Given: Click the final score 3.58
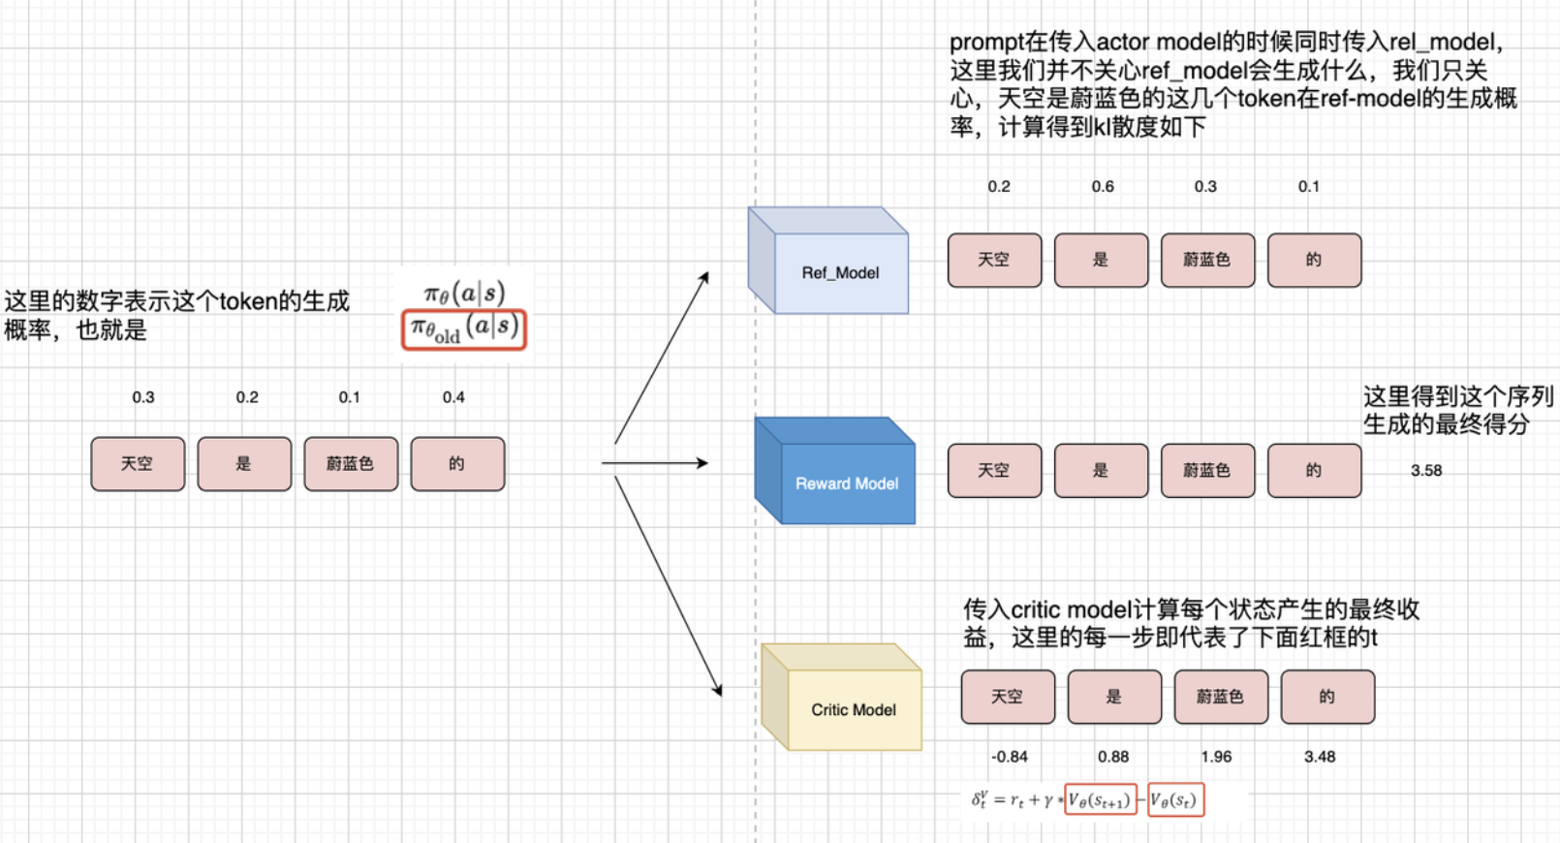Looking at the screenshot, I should pos(1425,471).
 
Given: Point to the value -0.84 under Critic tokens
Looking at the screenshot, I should pos(1009,757).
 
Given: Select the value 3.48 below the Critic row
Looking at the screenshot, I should pos(1319,757).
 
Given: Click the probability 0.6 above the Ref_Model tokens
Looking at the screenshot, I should pos(1103,186).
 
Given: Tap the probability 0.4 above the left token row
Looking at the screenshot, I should pos(453,397).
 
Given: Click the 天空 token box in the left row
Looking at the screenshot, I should pos(138,464).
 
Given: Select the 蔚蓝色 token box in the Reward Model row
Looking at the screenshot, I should pos(1207,471).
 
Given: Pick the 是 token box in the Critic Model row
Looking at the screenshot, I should pos(1114,697).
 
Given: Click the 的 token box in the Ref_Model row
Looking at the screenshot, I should pos(1314,260).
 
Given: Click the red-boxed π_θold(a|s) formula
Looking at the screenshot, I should pos(464,329).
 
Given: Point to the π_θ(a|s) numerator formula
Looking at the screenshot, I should pos(464,293).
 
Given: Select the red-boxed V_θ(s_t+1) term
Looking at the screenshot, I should pos(1100,800).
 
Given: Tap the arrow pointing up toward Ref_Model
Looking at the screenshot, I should pos(662,359).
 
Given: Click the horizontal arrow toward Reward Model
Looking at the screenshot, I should pos(655,463).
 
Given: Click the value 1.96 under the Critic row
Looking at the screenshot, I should pos(1216,757).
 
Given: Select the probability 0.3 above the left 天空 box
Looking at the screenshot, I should pos(143,397).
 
